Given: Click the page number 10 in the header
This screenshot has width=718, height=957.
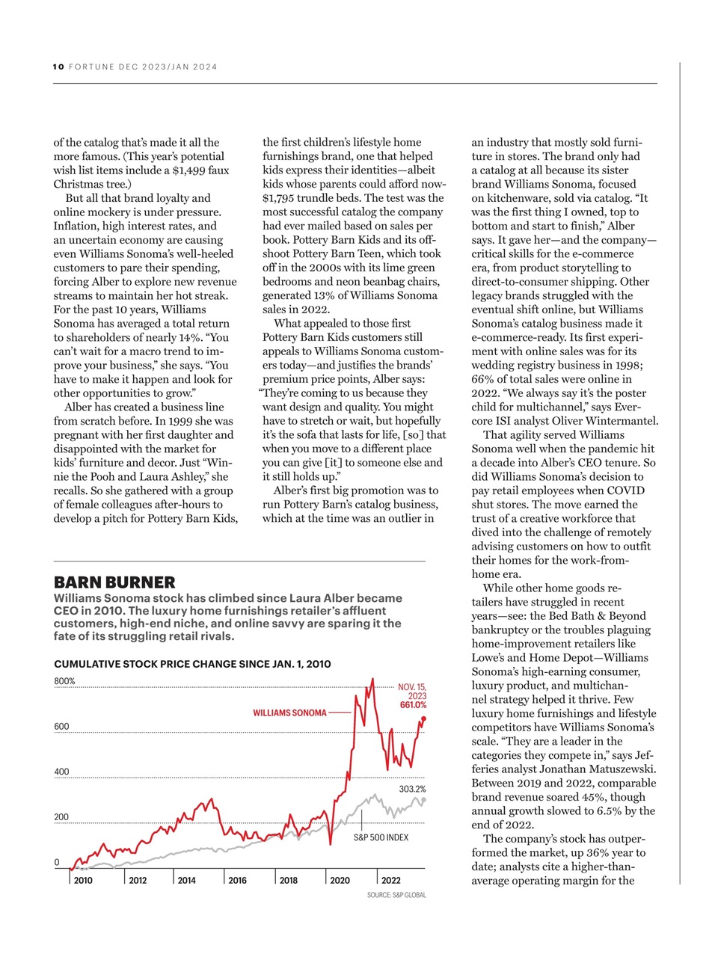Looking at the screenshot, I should coord(58,67).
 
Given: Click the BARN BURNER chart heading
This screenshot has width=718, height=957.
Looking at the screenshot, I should coord(114,582).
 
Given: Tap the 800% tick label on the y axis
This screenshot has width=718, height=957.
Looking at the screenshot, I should coord(65,681).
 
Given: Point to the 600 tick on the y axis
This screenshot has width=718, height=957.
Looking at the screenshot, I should coord(61,726).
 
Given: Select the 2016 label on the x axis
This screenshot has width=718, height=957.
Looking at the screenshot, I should coord(237,880).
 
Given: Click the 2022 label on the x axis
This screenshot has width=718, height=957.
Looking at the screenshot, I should coord(390,880).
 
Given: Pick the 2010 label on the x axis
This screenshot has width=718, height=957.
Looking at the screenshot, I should coord(83,880).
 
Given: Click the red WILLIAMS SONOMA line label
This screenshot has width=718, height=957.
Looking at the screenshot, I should coord(289,713).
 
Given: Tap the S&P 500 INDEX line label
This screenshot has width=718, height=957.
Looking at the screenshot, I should coord(381,837).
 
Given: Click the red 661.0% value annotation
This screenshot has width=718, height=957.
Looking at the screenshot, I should coord(413,705).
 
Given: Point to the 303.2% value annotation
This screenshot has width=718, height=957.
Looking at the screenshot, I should coord(412,789).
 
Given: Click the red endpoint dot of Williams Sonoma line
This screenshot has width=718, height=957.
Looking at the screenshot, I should coord(424,718).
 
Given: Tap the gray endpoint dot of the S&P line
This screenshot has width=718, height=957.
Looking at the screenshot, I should coord(424,800).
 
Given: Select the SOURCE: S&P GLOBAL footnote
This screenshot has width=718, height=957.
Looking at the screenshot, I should coord(396,895).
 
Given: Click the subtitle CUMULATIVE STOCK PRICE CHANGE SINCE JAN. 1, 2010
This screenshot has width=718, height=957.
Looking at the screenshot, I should coord(192,664).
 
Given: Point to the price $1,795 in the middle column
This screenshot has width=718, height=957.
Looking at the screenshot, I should coord(279,198).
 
